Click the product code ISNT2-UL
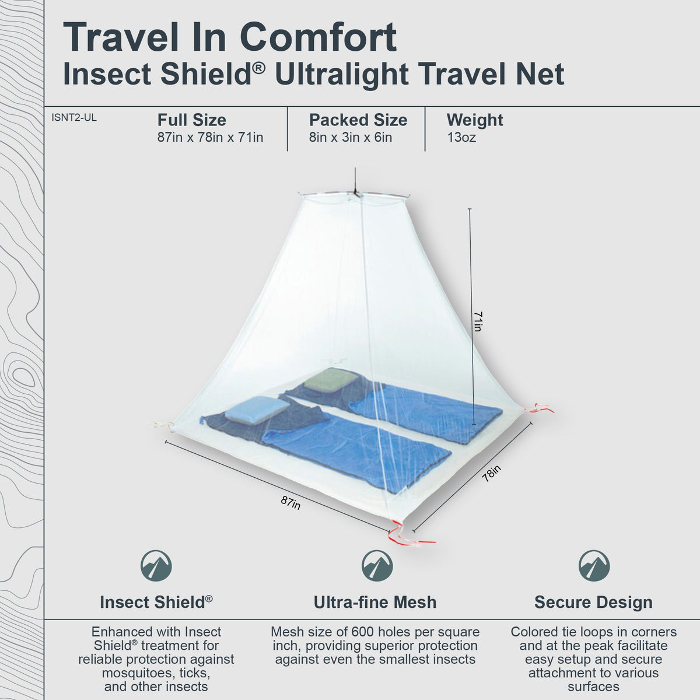pyautogui.click(x=74, y=118)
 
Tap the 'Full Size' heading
pyautogui.click(x=191, y=120)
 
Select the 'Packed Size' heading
pyautogui.click(x=358, y=120)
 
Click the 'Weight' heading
pyautogui.click(x=474, y=120)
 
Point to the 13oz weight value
pyautogui.click(x=461, y=138)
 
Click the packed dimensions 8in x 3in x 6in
pyautogui.click(x=350, y=138)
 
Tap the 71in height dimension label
pyautogui.click(x=478, y=321)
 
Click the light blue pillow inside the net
pyautogui.click(x=249, y=409)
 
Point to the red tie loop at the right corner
pyautogui.click(x=540, y=408)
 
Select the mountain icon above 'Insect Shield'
pyautogui.click(x=156, y=565)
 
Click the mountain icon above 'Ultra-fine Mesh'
pyautogui.click(x=377, y=565)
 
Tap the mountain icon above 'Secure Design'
pyautogui.click(x=594, y=565)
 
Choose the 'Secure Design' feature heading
pyautogui.click(x=593, y=603)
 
